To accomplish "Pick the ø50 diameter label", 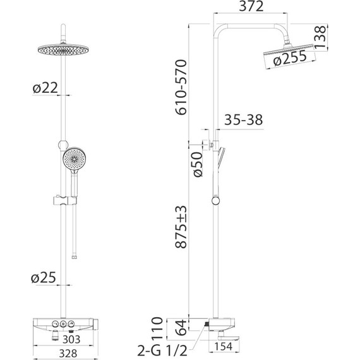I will [x=198, y=164].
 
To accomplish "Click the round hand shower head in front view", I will [x=73, y=159].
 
